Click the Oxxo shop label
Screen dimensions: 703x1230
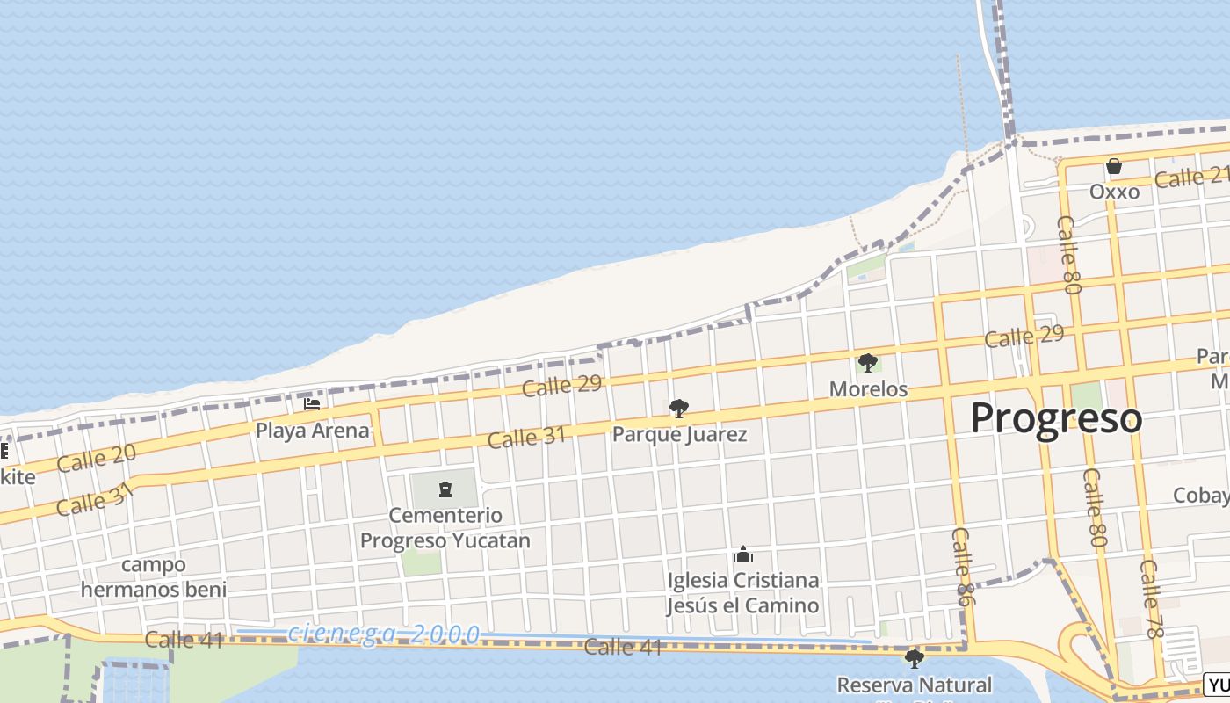point(1114,192)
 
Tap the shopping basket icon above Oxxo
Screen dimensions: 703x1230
point(1114,166)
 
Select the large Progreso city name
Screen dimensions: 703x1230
point(1056,418)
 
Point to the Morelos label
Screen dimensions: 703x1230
point(868,388)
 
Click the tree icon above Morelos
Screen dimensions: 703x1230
point(868,362)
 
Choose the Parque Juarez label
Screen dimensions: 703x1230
point(679,434)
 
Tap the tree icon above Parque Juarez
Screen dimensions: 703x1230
point(678,408)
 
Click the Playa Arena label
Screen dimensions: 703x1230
point(312,431)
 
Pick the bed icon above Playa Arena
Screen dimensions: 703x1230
point(312,404)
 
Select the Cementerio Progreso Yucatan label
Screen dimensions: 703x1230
point(445,527)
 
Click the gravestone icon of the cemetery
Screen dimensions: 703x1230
point(445,489)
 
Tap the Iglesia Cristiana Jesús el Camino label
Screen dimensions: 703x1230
point(742,592)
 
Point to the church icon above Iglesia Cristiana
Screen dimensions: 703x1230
point(743,555)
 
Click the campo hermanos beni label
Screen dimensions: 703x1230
point(154,576)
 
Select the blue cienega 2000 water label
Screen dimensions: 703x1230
point(384,634)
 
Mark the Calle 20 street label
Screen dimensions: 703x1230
point(97,459)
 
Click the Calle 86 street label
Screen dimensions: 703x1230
point(964,565)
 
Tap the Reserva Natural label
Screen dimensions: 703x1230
point(914,685)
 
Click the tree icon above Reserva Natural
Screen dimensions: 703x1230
point(914,658)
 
